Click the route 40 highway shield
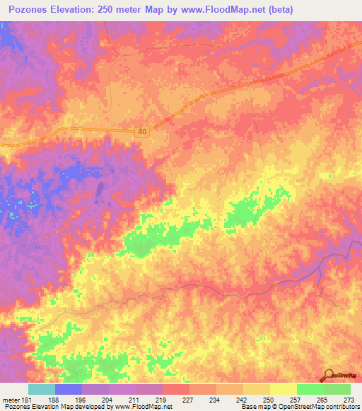click(x=142, y=131)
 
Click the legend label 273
click(x=349, y=400)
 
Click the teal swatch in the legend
click(x=42, y=389)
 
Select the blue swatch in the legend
click(x=69, y=389)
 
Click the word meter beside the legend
click(x=10, y=400)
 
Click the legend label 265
click(x=322, y=400)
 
